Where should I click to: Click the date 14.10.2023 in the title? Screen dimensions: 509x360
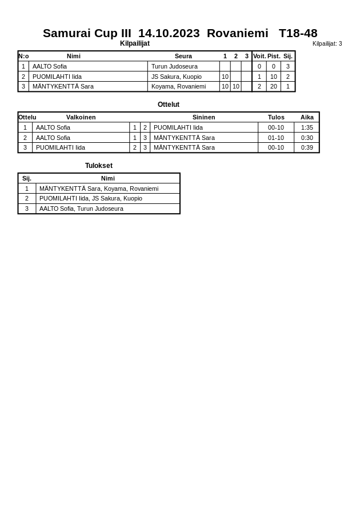(x=169, y=33)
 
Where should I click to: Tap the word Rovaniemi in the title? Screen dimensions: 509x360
(x=237, y=33)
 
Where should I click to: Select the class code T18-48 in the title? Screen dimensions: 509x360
(x=298, y=33)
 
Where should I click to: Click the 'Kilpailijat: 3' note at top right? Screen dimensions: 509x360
(x=327, y=43)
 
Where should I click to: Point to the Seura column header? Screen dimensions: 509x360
(x=183, y=56)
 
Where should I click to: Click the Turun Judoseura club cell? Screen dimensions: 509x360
(x=174, y=66)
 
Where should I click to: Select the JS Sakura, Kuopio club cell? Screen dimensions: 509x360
(x=176, y=77)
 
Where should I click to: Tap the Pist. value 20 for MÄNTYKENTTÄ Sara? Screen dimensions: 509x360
(x=274, y=86)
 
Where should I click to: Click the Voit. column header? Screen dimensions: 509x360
(x=259, y=56)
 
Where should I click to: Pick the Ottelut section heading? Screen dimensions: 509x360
(x=169, y=105)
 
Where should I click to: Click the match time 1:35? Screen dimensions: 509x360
(x=307, y=127)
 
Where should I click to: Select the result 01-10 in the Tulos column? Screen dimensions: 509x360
(x=276, y=138)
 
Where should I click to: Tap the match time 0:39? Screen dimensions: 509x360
(x=307, y=147)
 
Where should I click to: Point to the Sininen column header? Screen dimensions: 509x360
(x=203, y=117)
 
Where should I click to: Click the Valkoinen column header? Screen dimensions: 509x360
(x=81, y=117)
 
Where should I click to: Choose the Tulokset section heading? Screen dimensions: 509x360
(x=99, y=166)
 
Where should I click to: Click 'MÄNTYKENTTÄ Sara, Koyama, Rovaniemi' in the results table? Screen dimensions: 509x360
(x=99, y=189)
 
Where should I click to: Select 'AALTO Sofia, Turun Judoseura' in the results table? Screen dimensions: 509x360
(x=81, y=209)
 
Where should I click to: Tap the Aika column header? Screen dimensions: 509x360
(x=307, y=117)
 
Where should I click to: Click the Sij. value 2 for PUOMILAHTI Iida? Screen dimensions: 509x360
(x=288, y=77)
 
